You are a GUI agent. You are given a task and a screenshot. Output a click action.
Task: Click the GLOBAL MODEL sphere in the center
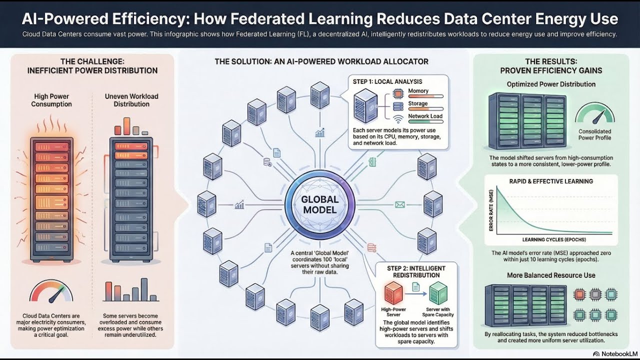coord(319,204)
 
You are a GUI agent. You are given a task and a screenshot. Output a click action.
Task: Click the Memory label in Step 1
coord(418,91)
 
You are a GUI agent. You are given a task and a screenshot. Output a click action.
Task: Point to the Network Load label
coord(425,116)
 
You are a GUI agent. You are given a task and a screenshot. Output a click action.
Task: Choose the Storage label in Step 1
coord(418,103)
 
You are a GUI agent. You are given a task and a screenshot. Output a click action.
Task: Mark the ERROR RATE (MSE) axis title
coord(491,210)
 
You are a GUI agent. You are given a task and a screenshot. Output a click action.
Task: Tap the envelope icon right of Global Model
coord(399,204)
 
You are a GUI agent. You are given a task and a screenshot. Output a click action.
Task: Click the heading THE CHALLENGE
coord(92,62)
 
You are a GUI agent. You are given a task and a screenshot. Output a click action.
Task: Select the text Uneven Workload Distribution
coord(131,100)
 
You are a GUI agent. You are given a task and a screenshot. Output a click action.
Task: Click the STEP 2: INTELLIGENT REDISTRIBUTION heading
coord(416,272)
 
